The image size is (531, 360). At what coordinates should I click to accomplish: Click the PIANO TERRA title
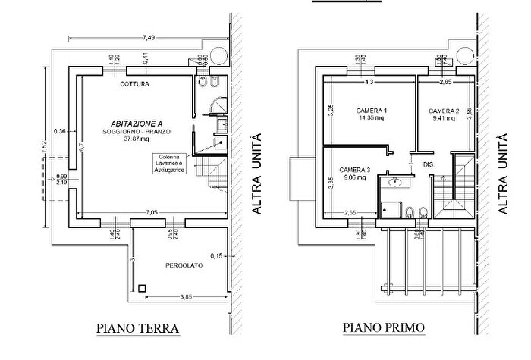point(137,329)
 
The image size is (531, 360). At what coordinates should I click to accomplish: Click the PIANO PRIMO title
point(385,329)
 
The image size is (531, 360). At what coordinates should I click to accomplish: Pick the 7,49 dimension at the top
point(148,37)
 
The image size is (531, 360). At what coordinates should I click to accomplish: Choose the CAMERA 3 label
point(354,170)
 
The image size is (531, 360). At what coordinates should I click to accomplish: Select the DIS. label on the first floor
point(428,164)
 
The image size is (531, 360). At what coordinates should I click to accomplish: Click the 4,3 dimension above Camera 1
point(369,81)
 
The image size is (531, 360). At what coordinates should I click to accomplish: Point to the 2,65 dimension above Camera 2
point(445,81)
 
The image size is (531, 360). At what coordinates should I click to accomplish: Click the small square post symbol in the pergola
point(142,287)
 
